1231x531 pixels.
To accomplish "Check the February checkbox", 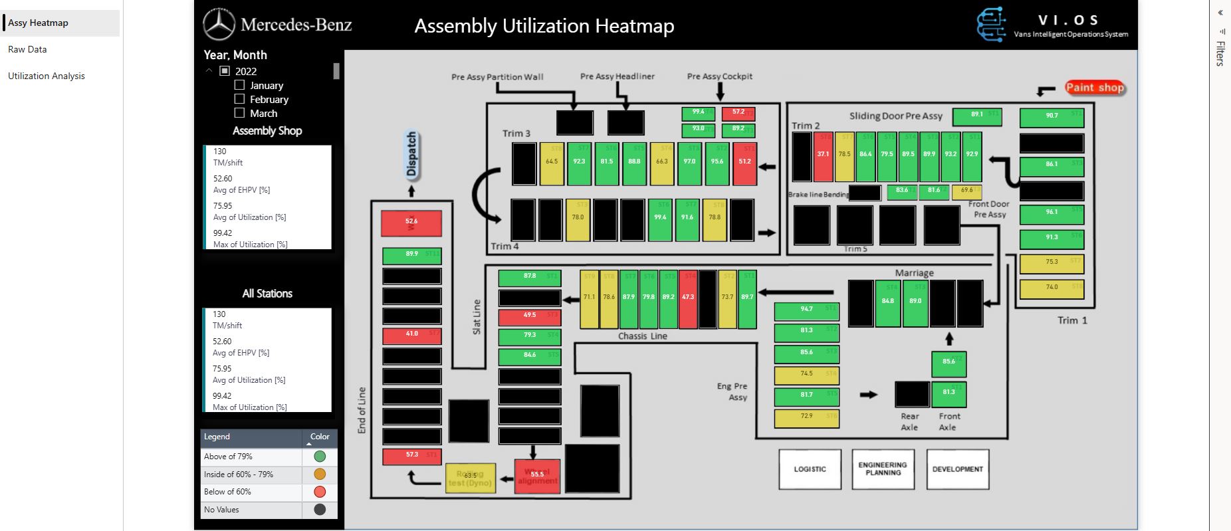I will pyautogui.click(x=240, y=99).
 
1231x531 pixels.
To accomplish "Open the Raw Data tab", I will pyautogui.click(x=27, y=49).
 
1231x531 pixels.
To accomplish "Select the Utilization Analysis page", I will pyautogui.click(x=47, y=76).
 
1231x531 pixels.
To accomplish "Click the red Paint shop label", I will pyautogui.click(x=1094, y=87).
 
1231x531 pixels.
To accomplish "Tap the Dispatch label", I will pyautogui.click(x=411, y=154).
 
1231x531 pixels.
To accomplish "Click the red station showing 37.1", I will pyautogui.click(x=823, y=157).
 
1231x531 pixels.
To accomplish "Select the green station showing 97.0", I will pyautogui.click(x=689, y=163).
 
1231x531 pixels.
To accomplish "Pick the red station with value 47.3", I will pyautogui.click(x=688, y=299).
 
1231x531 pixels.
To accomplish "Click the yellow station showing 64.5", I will pyautogui.click(x=552, y=163).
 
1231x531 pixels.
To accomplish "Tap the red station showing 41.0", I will pyautogui.click(x=411, y=336).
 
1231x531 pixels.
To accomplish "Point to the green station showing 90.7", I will pyautogui.click(x=1052, y=118).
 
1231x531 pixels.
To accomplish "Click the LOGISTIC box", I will pyautogui.click(x=810, y=469).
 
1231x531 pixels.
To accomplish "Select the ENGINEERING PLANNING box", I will pyautogui.click(x=883, y=469).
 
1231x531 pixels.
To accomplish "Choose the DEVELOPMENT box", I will pyautogui.click(x=957, y=469).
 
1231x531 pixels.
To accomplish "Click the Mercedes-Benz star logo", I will pyautogui.click(x=219, y=25).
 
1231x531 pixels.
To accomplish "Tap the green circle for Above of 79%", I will pyautogui.click(x=320, y=457).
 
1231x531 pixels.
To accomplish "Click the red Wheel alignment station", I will pyautogui.click(x=537, y=476).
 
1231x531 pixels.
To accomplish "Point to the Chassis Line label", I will pyautogui.click(x=642, y=336).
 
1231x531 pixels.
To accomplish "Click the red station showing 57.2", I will pyautogui.click(x=738, y=113).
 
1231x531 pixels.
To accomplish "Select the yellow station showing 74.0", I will pyautogui.click(x=1052, y=289).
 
